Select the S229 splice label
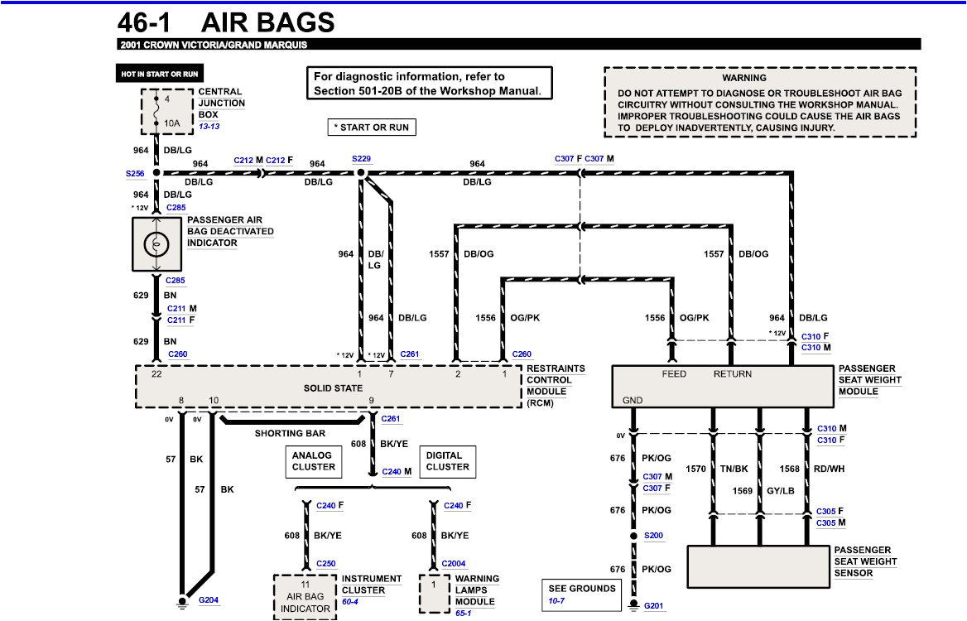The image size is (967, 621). [x=362, y=158]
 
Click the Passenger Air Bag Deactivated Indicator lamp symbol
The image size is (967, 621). [x=156, y=244]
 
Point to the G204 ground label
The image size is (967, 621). [x=209, y=599]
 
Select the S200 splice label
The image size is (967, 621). [x=654, y=536]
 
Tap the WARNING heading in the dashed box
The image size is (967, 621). [x=743, y=78]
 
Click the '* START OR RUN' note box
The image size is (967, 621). [x=372, y=127]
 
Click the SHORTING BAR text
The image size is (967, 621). [x=290, y=433]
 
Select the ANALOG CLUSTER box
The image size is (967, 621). [x=313, y=461]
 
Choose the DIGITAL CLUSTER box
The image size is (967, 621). [x=447, y=461]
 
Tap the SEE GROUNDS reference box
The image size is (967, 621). [x=581, y=593]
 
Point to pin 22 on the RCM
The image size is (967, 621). [x=156, y=374]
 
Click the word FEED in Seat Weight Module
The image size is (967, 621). [x=674, y=374]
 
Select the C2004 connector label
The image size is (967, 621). [x=453, y=564]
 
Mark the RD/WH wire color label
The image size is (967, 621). [x=830, y=469]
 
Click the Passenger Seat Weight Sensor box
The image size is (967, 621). [x=758, y=566]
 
